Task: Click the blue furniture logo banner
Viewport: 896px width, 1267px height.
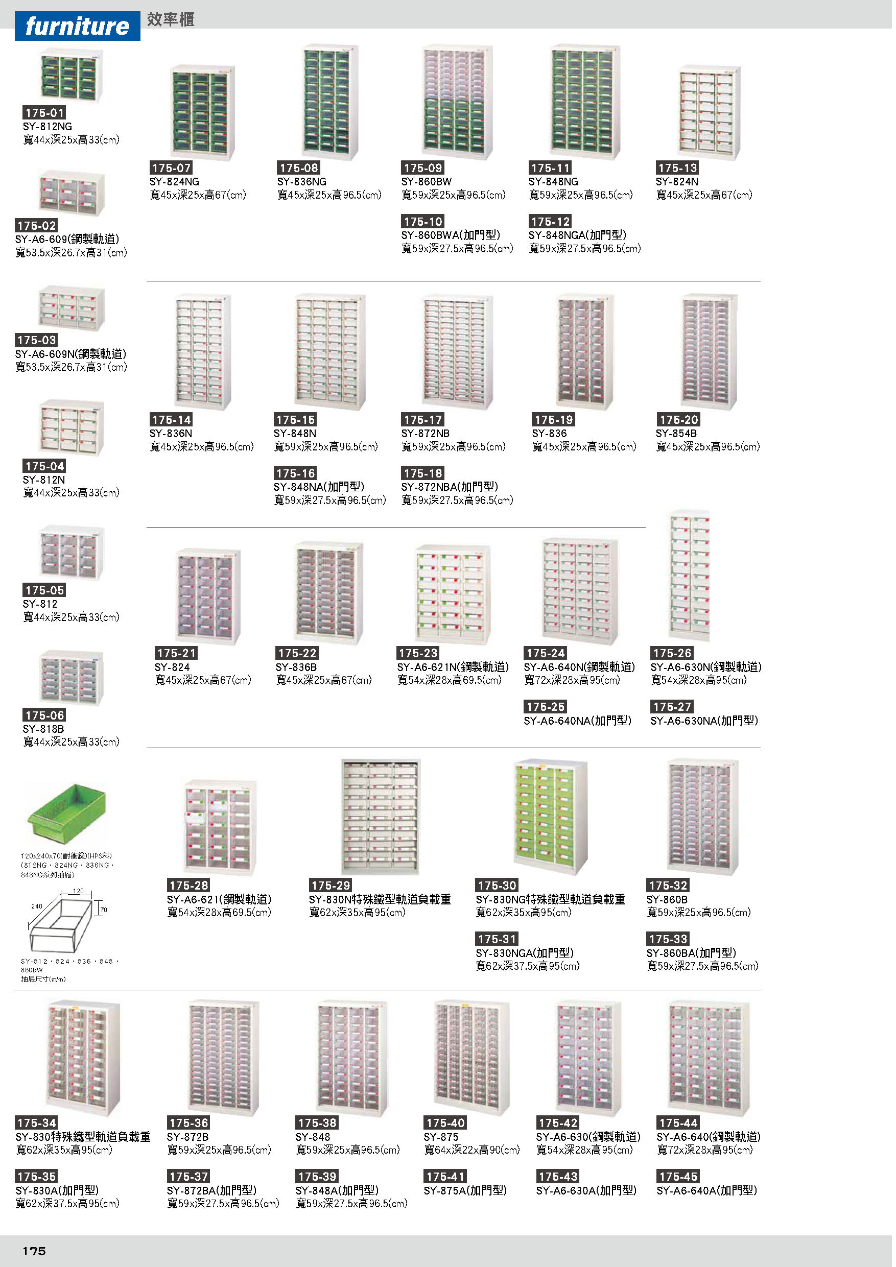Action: pos(77,26)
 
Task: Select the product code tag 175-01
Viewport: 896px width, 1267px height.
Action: pos(44,112)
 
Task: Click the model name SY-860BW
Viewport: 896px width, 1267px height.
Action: pos(426,182)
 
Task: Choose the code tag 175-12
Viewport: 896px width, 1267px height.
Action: pos(550,221)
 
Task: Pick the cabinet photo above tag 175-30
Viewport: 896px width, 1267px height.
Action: pos(550,816)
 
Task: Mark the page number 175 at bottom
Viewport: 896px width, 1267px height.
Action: pos(34,1250)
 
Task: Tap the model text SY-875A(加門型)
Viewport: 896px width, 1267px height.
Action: pos(465,1190)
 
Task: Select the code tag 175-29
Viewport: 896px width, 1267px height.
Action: pos(330,885)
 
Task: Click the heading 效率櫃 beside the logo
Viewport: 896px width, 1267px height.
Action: pos(170,20)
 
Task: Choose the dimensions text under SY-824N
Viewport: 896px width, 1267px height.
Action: pos(704,195)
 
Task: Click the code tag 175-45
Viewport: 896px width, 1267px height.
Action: pos(678,1176)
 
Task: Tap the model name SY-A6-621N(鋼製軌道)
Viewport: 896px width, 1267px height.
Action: pos(453,667)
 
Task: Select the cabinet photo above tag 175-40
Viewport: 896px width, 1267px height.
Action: pos(472,1057)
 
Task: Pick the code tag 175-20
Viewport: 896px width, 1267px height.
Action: pos(678,419)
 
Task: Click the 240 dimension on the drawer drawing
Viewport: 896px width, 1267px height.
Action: pos(36,906)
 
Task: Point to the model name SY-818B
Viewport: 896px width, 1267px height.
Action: pos(43,729)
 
